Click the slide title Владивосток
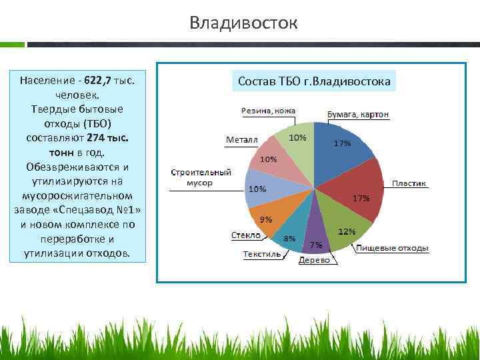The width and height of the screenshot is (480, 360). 243,23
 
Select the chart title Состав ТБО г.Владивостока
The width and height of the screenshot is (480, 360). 314,82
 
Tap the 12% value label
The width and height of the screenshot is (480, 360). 347,231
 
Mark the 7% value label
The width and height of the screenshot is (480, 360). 316,245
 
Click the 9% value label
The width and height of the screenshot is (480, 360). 265,219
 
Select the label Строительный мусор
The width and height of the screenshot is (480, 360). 201,176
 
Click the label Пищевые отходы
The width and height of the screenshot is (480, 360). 392,248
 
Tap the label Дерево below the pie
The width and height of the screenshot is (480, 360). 314,260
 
